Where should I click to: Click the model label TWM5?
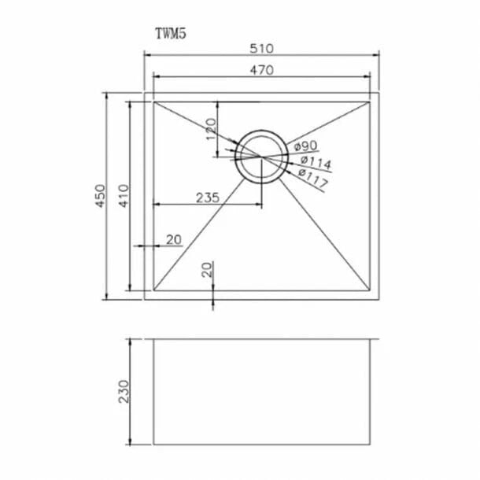pyautogui.click(x=171, y=34)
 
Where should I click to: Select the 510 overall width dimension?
pyautogui.click(x=261, y=49)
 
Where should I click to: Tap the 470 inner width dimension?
pyautogui.click(x=262, y=70)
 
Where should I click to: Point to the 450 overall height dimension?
pyautogui.click(x=101, y=196)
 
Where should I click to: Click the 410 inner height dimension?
pyautogui.click(x=124, y=196)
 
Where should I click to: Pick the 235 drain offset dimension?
pyautogui.click(x=208, y=198)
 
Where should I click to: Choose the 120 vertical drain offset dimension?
pyautogui.click(x=211, y=130)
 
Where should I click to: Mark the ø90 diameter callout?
pyautogui.click(x=305, y=146)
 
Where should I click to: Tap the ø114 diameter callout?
pyautogui.click(x=316, y=162)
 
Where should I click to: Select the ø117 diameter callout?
pyautogui.click(x=313, y=178)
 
